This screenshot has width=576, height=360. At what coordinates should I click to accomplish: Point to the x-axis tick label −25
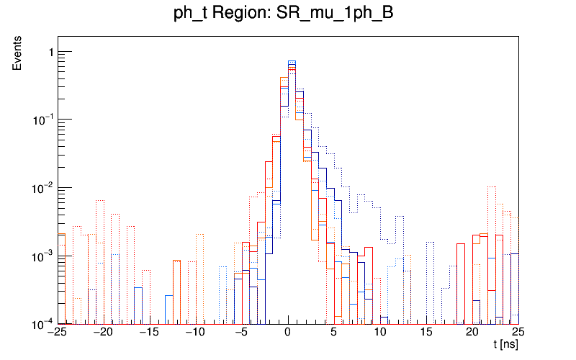coord(56,333)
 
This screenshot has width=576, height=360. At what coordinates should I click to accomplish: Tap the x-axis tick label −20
coord(103,333)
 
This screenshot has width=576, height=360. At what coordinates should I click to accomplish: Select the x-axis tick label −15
coord(149,333)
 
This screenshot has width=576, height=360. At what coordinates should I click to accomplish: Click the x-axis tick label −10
coord(195,333)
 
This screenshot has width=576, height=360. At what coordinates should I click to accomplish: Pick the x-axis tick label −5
coord(241,333)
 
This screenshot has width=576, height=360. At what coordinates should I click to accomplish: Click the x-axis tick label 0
coord(288,333)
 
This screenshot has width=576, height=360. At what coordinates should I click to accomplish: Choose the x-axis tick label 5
coord(334,333)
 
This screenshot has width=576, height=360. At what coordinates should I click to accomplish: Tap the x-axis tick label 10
coord(380,333)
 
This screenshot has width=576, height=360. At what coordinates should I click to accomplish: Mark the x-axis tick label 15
coord(426,333)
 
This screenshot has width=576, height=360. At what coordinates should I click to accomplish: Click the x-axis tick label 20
coord(472,333)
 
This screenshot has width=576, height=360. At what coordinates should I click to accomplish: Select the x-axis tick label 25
coord(518,333)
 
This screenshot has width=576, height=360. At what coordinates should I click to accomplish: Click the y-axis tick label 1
coord(50,52)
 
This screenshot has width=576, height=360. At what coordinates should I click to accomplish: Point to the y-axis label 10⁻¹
coord(42,119)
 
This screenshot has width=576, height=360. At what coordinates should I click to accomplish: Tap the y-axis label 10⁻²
coord(42,187)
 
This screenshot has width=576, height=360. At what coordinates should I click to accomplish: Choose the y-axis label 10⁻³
coord(42,256)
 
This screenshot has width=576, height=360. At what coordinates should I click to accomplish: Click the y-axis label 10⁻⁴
coord(42,323)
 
